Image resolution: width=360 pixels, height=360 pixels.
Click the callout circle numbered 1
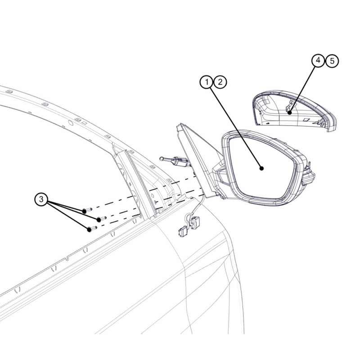pyautogui.click(x=207, y=82)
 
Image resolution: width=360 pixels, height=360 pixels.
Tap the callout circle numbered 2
pyautogui.click(x=220, y=82)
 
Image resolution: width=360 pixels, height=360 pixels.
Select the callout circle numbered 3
pyautogui.click(x=41, y=199)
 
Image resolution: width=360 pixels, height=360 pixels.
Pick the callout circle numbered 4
pyautogui.click(x=318, y=60)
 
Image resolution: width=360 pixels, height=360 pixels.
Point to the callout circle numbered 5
pyautogui.click(x=332, y=61)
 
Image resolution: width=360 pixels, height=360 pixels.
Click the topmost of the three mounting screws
pyautogui.click(x=87, y=210)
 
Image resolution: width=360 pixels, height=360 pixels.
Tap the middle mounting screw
pyautogui.click(x=102, y=219)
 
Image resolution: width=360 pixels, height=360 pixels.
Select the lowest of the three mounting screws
pyautogui.click(x=92, y=229)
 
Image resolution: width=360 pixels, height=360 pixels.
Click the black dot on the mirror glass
pyautogui.click(x=261, y=168)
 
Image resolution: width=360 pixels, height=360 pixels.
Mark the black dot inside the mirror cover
pyautogui.click(x=290, y=112)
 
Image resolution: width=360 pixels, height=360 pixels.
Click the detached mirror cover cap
pyautogui.click(x=295, y=111)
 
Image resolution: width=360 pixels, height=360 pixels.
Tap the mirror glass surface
pyautogui.click(x=262, y=167)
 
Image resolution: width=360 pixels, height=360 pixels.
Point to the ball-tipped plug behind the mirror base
pyautogui.click(x=175, y=161)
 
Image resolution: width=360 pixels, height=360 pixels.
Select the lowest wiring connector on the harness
pyautogui.click(x=183, y=231)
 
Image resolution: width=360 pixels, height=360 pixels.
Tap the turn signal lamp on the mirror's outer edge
pyautogui.click(x=308, y=175)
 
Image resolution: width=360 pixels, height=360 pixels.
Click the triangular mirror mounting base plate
pyautogui.click(x=198, y=161)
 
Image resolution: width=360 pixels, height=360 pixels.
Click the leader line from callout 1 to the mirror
pyautogui.click(x=236, y=128)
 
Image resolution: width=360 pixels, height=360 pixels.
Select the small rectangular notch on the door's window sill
pyautogui.click(x=67, y=258)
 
